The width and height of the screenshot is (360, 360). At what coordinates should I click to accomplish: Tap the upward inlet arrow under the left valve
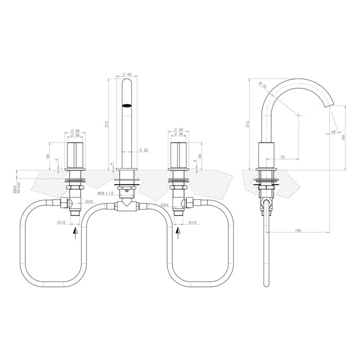click(x=76, y=235)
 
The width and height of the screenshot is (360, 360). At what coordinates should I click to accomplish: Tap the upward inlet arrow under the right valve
click(x=178, y=235)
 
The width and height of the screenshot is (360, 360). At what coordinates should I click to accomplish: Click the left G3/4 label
click(x=88, y=201)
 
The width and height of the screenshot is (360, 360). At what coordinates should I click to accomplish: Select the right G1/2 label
click(x=193, y=222)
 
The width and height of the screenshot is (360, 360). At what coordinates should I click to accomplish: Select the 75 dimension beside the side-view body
click(x=283, y=157)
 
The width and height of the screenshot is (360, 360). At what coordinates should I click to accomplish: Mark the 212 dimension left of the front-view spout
click(x=106, y=124)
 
